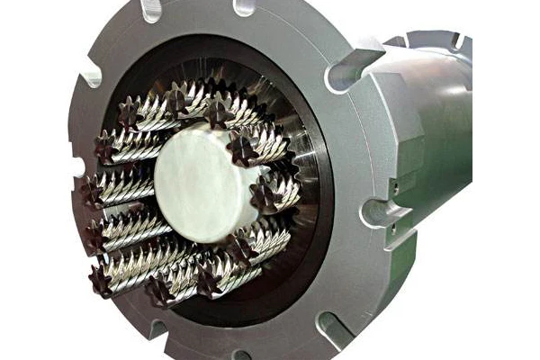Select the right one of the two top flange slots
[x=243, y=7]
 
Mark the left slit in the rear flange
[x=421, y=40]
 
